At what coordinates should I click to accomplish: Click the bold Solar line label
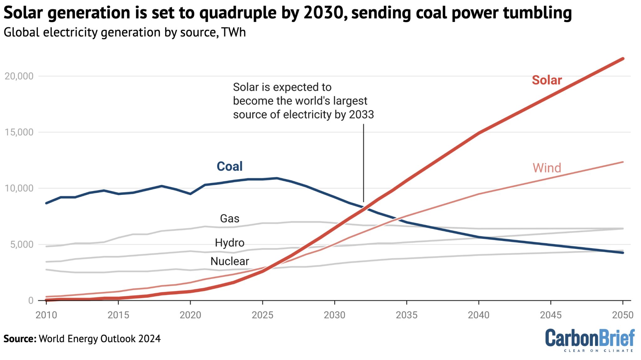click(547, 80)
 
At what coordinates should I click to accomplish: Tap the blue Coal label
click(229, 166)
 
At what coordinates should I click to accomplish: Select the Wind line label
click(547, 168)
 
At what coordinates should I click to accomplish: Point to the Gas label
click(229, 218)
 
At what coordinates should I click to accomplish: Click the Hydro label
click(229, 243)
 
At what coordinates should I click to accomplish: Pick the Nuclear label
click(229, 261)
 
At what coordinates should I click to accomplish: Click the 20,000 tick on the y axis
click(19, 76)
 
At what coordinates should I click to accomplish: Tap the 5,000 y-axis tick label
click(22, 244)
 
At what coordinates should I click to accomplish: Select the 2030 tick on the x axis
click(334, 315)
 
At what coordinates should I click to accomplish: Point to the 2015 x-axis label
click(118, 315)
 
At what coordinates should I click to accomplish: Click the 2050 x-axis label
click(623, 315)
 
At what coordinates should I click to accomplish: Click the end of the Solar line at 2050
click(623, 58)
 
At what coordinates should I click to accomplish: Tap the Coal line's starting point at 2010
click(47, 203)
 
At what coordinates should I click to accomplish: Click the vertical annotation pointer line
click(363, 163)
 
